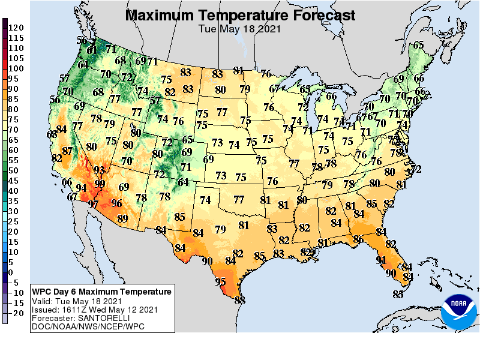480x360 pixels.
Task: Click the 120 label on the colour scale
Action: [16, 28]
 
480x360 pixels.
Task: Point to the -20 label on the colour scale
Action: [16, 313]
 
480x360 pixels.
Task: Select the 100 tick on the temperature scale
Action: [16, 68]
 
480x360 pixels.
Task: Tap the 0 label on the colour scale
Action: [11, 272]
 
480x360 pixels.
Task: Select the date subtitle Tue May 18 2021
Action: [240, 28]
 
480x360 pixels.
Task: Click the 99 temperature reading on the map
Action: [100, 184]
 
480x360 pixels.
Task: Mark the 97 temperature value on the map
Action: [93, 204]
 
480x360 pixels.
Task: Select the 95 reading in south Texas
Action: [221, 281]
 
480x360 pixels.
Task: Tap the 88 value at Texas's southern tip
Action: [240, 300]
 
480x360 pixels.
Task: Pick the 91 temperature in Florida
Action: [381, 260]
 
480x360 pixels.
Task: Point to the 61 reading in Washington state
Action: [92, 50]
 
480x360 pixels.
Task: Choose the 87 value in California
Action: [67, 151]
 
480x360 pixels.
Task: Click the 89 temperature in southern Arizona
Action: [122, 218]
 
